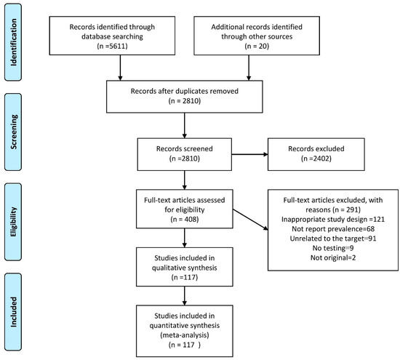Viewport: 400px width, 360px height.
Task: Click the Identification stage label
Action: coord(14,42)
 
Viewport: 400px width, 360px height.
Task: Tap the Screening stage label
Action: coord(14,132)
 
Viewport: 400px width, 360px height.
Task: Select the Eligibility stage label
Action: coord(14,222)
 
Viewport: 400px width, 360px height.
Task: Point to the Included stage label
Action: coord(14,312)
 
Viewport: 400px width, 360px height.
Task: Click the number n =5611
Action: coord(112,46)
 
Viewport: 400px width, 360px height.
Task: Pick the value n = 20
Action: coord(257,46)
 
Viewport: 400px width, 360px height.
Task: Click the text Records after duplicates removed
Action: coord(185,91)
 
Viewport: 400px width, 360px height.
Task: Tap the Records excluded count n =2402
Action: coord(316,159)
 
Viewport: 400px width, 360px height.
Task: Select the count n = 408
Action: coord(185,219)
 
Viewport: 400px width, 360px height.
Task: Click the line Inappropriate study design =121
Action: coord(333,219)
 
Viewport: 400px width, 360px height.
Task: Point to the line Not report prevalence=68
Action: coord(333,229)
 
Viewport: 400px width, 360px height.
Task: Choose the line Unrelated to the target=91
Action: coord(333,239)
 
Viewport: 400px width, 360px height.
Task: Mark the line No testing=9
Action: coord(333,248)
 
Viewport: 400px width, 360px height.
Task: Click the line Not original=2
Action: coord(333,257)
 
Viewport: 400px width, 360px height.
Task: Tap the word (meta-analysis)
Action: coord(185,335)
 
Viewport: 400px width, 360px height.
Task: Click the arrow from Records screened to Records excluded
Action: coord(249,154)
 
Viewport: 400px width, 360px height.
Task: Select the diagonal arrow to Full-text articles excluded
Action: coord(250,220)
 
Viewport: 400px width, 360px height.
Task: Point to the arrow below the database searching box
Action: coord(120,68)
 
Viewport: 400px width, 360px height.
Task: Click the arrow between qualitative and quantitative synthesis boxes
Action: coord(185,296)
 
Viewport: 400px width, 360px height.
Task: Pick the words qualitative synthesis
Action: coord(185,268)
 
